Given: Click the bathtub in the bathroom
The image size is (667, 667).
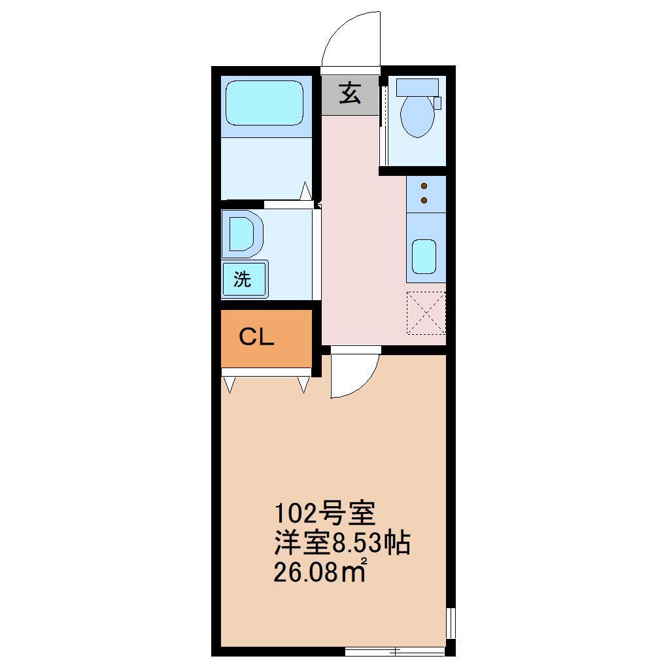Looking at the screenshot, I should point(264,102).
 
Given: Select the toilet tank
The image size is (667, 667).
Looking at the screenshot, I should point(417,87).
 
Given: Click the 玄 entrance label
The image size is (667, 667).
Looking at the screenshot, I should point(350,95).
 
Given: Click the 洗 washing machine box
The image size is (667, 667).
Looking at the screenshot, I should point(243,279).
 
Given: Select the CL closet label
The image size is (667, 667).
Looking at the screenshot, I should point(256,337).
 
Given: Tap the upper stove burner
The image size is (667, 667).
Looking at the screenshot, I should point(424,186).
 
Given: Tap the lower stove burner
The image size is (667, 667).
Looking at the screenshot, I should point(424,199).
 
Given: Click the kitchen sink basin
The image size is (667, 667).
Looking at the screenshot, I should point(424,256).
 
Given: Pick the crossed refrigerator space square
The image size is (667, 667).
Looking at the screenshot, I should point(426,312).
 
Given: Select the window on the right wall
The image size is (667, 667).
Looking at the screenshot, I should point(450,623).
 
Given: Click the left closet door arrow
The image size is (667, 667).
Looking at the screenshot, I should point(229,384).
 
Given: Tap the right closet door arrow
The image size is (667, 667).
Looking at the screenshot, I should point(303,384).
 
